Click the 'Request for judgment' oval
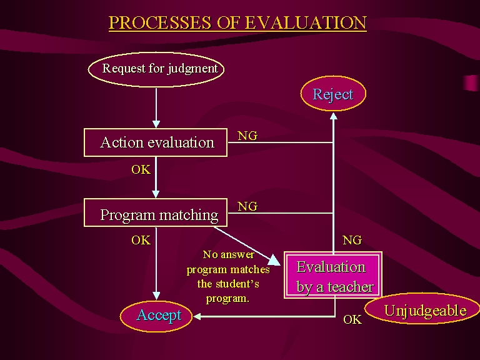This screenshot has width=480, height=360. click(156, 69)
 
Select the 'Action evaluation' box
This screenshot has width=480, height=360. click(156, 142)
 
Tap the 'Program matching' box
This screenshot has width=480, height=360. click(156, 213)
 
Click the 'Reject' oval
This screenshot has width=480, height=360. click(333, 94)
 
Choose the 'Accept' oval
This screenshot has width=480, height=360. click(156, 316)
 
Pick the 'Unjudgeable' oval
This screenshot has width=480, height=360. click(422, 309)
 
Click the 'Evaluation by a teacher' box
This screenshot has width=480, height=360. click(333, 275)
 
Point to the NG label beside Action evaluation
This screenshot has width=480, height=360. click(247, 136)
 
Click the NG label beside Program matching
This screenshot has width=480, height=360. click(247, 206)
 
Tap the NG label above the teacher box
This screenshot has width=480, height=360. click(352, 240)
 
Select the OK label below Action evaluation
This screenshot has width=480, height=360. click(141, 169)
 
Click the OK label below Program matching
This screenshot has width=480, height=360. click(141, 240)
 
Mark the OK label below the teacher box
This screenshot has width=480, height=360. click(352, 319)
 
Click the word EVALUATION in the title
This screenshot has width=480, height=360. click(306, 22)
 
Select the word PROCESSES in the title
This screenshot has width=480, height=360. click(160, 22)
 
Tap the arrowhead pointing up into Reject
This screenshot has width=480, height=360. click(334, 116)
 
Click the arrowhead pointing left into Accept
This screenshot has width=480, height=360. click(197, 316)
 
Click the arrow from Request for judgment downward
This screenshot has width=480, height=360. click(156, 107)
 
